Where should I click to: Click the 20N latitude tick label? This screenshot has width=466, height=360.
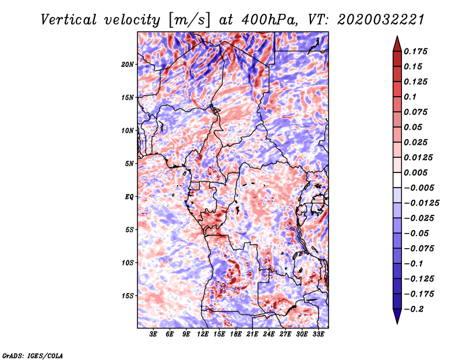tap(128, 65)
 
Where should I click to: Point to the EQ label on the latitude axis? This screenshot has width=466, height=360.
tap(129, 197)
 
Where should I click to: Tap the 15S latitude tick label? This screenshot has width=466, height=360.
tap(128, 296)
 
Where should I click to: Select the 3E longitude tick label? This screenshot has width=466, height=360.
tap(153, 334)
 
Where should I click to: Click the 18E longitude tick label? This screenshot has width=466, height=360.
tap(236, 334)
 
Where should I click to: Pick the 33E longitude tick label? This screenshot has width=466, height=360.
tap(318, 334)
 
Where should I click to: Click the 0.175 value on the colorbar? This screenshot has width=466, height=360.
tap(415, 51)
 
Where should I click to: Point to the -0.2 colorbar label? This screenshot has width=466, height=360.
tap(413, 309)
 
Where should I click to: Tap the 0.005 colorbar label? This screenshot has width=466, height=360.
tap(415, 172)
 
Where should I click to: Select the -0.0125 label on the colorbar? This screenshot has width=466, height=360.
tap(421, 203)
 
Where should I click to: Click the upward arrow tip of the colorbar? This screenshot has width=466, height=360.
tap(397, 36)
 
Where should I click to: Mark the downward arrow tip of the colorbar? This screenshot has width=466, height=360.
tap(397, 323)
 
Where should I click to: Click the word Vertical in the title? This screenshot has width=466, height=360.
tap(69, 20)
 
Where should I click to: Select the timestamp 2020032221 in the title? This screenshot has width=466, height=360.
tap(381, 20)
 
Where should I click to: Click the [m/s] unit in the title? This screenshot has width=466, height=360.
tap(189, 20)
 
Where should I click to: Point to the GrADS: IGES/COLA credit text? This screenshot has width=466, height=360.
tap(33, 355)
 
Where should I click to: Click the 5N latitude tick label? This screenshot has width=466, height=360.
tap(129, 164)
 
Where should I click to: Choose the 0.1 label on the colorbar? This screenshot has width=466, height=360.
tap(411, 97)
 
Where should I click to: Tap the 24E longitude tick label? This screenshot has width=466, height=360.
tap(269, 334)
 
